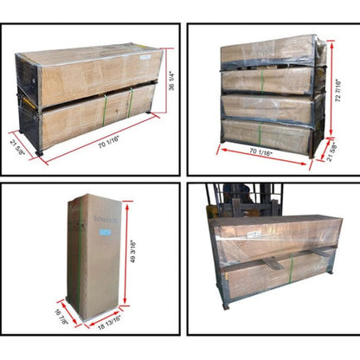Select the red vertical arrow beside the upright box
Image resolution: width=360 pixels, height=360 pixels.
(x=126, y=254)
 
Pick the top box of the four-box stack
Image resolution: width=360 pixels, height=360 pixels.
(x=267, y=51)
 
